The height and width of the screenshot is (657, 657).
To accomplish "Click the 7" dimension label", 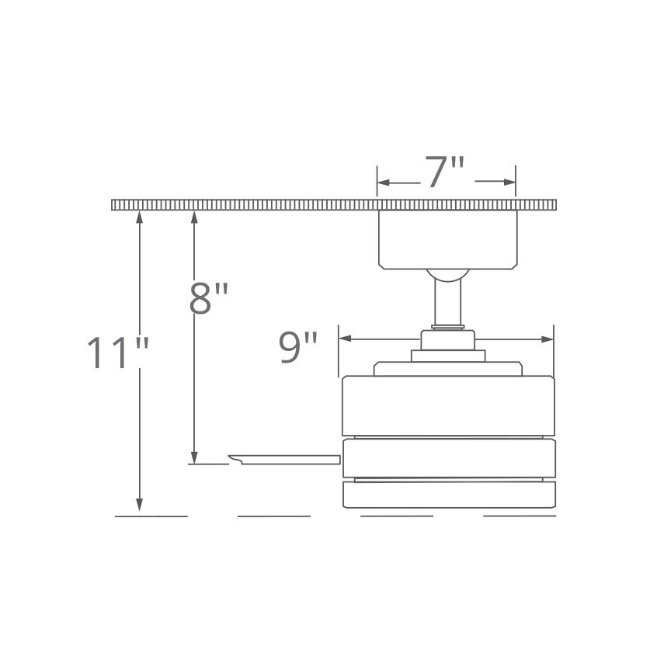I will [x=445, y=172].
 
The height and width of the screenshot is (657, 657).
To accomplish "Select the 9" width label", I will [x=299, y=349].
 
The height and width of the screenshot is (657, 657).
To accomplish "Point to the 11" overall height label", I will [x=116, y=353].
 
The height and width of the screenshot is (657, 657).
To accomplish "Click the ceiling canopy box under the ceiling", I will [x=447, y=239].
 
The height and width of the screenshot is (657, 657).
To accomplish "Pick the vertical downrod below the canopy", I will [x=448, y=303].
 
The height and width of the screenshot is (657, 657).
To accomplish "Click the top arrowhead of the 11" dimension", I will [x=140, y=217].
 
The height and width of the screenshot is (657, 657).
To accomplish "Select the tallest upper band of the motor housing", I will [x=449, y=405].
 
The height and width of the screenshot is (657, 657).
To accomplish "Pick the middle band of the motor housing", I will [x=449, y=457].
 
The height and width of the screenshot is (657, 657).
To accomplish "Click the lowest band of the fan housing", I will [x=449, y=494].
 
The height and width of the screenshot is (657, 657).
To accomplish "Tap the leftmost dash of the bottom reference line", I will [x=151, y=516].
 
